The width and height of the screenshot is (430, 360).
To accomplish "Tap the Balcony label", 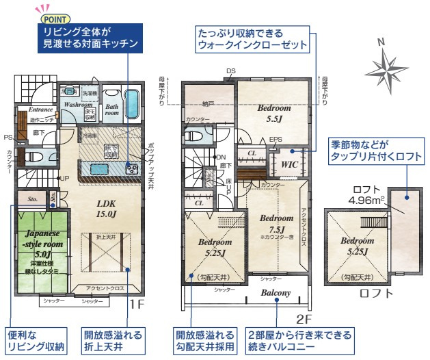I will tap(276, 294).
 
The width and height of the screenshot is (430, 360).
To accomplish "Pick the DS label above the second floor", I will tap(231, 71).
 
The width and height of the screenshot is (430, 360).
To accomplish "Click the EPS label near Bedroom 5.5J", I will tap(275, 140).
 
